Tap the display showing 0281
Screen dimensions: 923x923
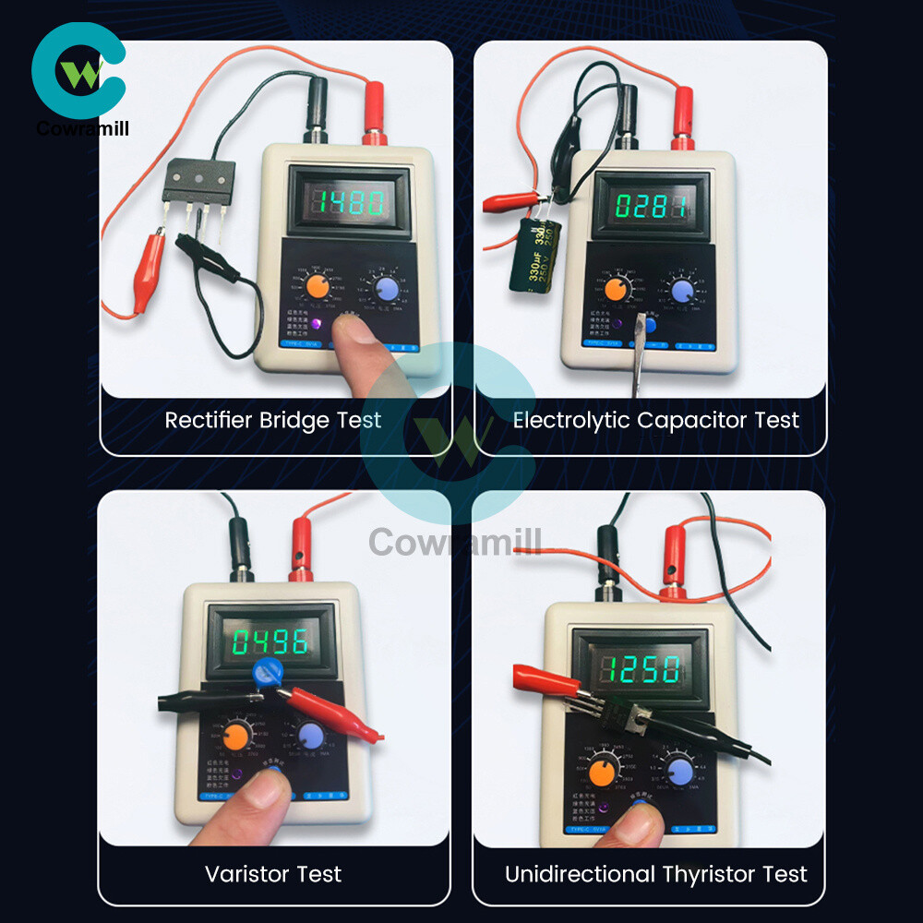(x=651, y=205)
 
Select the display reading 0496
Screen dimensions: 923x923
(x=270, y=642)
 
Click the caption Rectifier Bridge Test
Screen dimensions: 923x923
(x=273, y=421)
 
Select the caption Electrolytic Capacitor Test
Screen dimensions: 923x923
(x=655, y=421)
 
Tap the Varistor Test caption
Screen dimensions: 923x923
(x=273, y=873)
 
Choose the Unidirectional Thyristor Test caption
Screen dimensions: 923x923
(x=655, y=873)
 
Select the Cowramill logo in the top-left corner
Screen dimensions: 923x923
(x=79, y=78)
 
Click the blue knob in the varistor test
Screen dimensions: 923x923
(x=310, y=736)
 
